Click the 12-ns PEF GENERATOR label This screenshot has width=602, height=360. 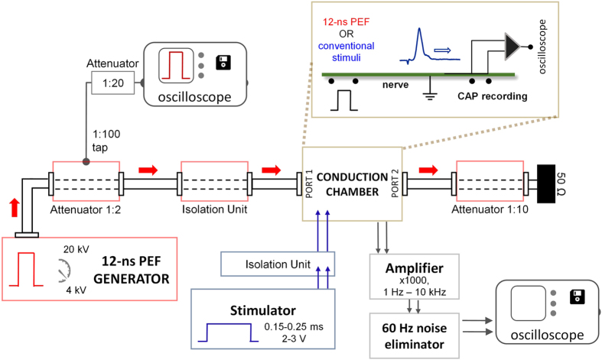pos(135,268)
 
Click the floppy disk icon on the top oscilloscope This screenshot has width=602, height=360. pos(224,61)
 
